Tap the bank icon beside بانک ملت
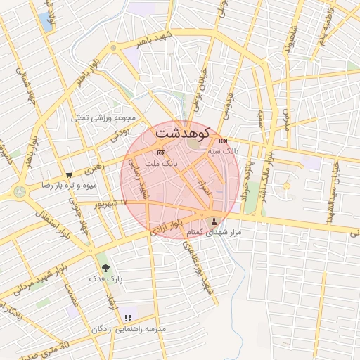pyautogui.click(x=161, y=153)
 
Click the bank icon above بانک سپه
pyautogui.click(x=223, y=141)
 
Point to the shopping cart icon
pyautogui.click(x=69, y=175)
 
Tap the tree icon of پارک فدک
pyautogui.click(x=105, y=268)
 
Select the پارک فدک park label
pyautogui.click(x=105, y=278)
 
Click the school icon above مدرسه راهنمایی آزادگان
pyautogui.click(x=127, y=319)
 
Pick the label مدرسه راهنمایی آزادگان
pyautogui.click(x=129, y=328)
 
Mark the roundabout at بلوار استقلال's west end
pyautogui.click(x=19, y=191)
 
